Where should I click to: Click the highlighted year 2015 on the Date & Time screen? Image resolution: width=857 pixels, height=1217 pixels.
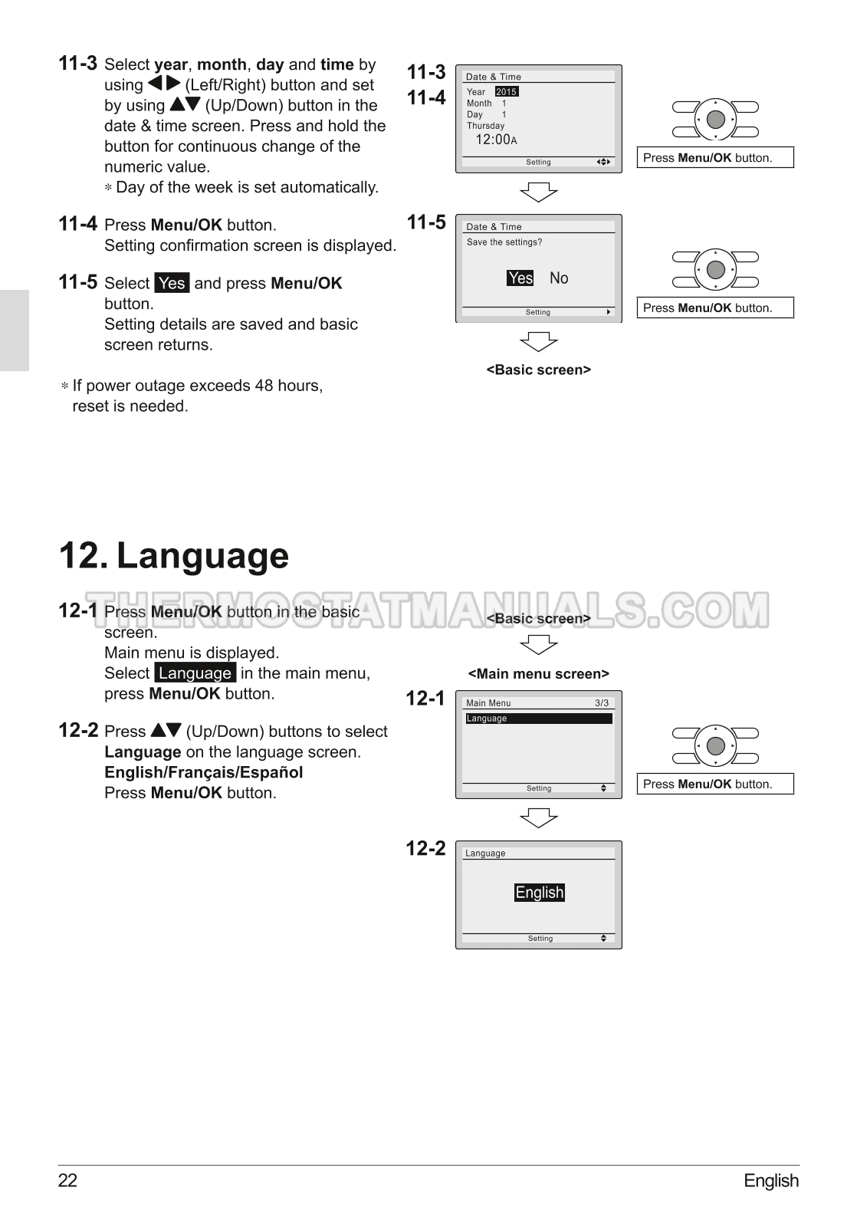(507, 92)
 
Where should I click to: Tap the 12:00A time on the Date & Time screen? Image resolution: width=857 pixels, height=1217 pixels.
(497, 140)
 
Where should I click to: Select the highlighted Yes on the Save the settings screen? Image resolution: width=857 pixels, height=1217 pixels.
(520, 278)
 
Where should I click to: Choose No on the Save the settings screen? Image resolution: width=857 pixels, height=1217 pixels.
(559, 278)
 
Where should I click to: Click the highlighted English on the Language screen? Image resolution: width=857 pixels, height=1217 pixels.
(540, 893)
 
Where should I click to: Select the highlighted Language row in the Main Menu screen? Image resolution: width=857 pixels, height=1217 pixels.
(539, 719)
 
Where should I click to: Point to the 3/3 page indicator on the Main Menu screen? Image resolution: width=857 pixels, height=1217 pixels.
(602, 703)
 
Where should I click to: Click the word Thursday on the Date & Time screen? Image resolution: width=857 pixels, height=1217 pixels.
(485, 126)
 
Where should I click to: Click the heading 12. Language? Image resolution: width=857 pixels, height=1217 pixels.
(174, 556)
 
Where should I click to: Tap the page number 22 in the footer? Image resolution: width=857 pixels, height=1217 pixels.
(68, 1181)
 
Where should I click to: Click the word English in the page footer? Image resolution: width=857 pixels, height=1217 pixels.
(771, 1181)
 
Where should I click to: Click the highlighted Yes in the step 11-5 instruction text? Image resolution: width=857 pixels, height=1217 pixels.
(172, 283)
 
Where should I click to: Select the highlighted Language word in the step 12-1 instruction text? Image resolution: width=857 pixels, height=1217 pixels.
(195, 673)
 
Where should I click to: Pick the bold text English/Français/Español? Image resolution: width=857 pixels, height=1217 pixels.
(204, 772)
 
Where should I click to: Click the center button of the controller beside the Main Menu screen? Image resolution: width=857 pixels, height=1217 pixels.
(716, 746)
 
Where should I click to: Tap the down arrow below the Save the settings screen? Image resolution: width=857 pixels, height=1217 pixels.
(539, 342)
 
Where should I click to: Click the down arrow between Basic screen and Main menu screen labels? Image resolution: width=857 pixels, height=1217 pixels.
(539, 645)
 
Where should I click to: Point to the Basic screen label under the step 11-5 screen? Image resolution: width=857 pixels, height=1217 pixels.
(539, 370)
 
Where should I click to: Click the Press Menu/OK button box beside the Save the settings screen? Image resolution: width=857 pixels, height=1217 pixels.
(715, 308)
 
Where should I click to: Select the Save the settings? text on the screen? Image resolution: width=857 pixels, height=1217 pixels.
(504, 242)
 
